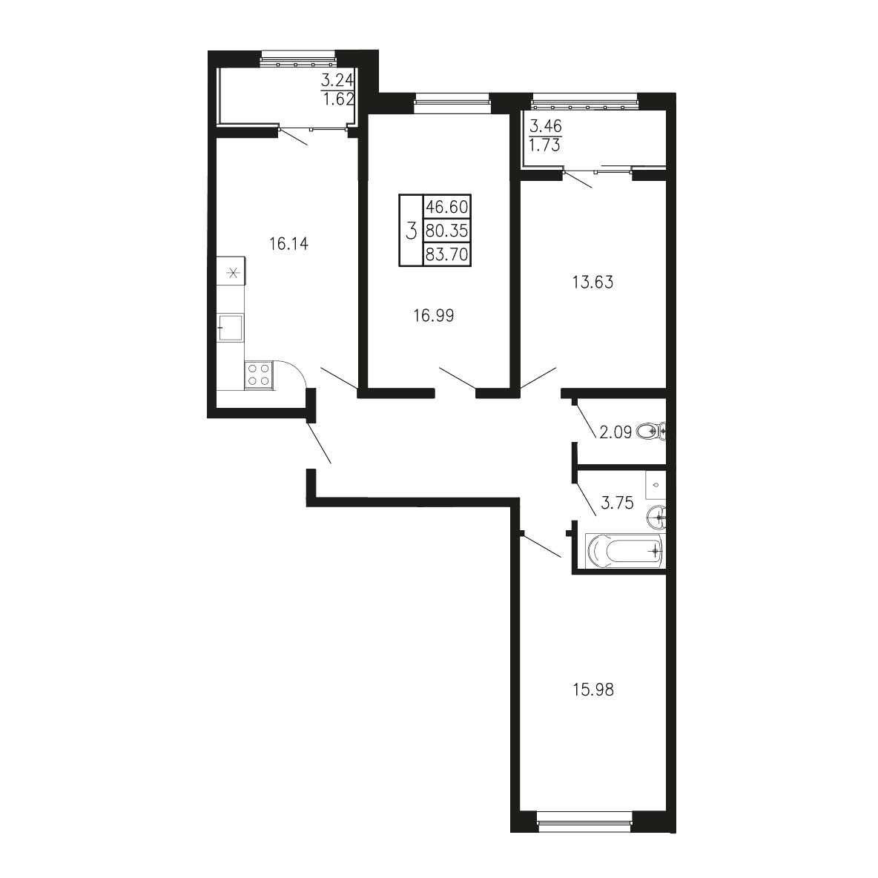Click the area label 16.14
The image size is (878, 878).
(x=288, y=244)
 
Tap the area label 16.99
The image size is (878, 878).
(x=433, y=316)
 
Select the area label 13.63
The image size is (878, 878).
(x=593, y=283)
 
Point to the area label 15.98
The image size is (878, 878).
(x=593, y=690)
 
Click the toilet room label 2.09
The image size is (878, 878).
(x=615, y=432)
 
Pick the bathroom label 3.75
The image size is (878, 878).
(x=617, y=503)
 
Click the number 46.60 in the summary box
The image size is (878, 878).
(x=447, y=207)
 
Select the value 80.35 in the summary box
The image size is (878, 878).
(x=447, y=230)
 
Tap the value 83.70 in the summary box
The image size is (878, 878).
(x=447, y=255)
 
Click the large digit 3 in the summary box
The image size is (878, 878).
(x=412, y=230)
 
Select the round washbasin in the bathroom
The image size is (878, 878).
(x=655, y=517)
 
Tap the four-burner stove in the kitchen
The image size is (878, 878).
(x=259, y=374)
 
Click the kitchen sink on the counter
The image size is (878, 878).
(x=231, y=327)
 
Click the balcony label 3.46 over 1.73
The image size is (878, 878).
(x=545, y=136)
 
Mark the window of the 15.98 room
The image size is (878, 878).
(x=584, y=822)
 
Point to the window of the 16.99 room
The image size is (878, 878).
(x=452, y=102)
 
